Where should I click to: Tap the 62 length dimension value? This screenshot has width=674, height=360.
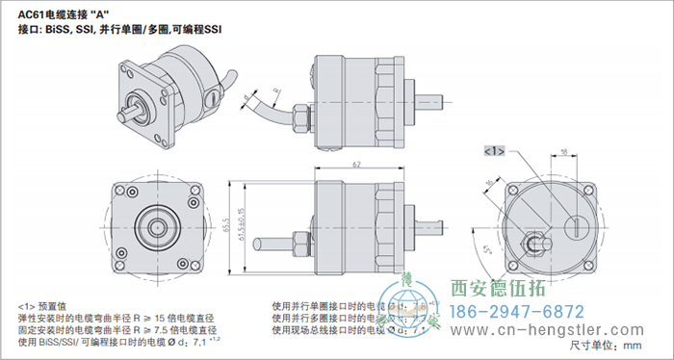(356, 166)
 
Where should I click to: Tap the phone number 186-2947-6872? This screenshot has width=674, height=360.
(518, 312)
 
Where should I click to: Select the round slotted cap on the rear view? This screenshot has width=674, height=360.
(576, 228)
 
